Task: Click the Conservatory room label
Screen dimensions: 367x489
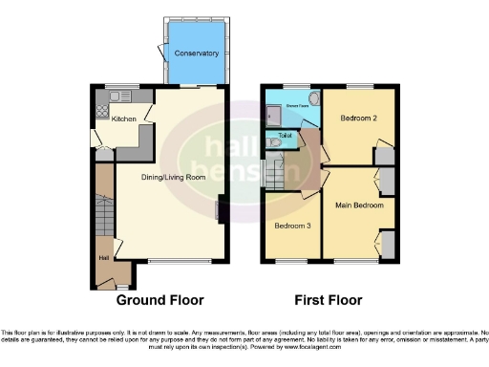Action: (x=197, y=54)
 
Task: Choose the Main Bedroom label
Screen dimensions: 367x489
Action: (x=359, y=205)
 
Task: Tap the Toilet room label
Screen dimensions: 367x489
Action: (x=285, y=136)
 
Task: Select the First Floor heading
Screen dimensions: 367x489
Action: (x=328, y=299)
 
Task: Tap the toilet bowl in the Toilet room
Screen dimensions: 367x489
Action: (x=273, y=144)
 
